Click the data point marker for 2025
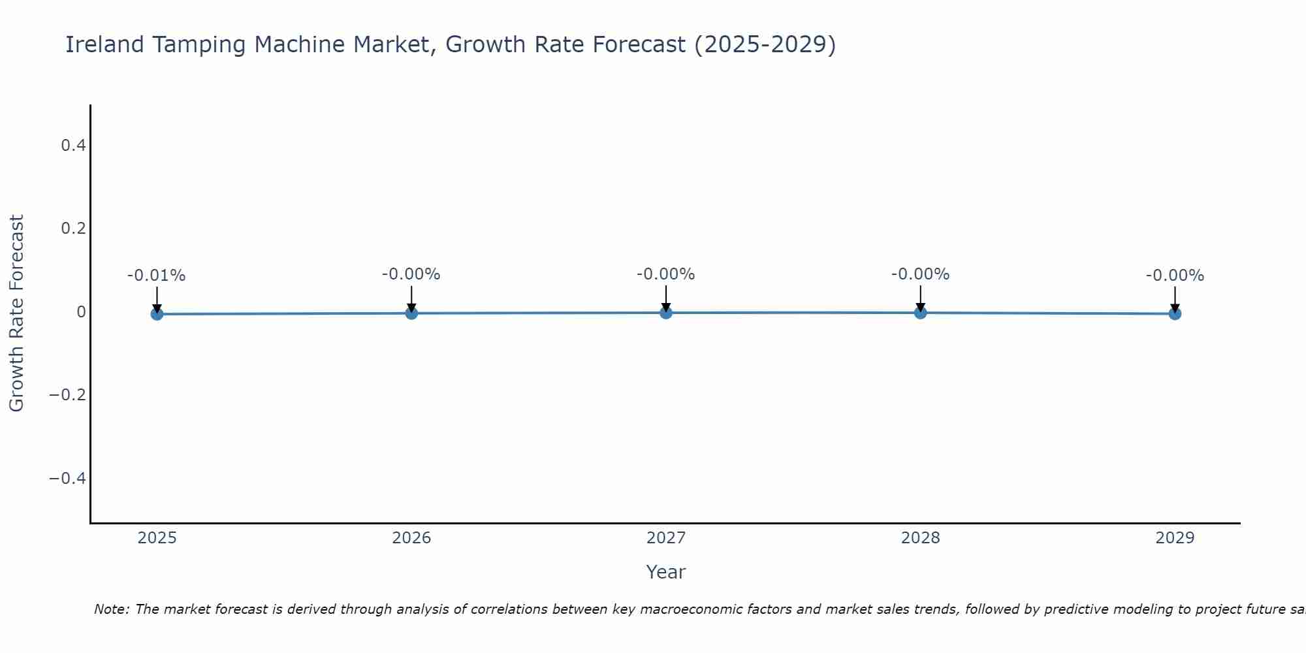pos(157,314)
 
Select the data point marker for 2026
pos(411,313)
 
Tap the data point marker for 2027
pos(666,313)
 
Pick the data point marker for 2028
pos(920,313)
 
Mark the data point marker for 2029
pos(1175,313)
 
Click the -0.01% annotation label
pos(157,276)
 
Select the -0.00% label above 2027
pos(666,274)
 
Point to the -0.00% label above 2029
pos(1175,276)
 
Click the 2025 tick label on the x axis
pos(157,538)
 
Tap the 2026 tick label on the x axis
pos(411,538)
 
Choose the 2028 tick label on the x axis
pos(920,538)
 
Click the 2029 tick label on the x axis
pos(1175,538)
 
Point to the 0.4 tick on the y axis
pos(73,145)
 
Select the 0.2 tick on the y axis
pos(73,229)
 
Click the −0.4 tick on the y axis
pos(68,479)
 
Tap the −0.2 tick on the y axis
pos(68,395)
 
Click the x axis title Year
pos(666,572)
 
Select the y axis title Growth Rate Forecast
pos(16,313)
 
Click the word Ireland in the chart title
pos(104,44)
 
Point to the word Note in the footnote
pos(112,609)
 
